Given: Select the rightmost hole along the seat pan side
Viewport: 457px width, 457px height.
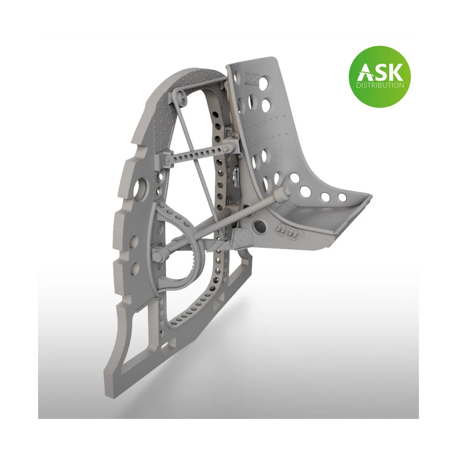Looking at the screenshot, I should coord(342,197).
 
